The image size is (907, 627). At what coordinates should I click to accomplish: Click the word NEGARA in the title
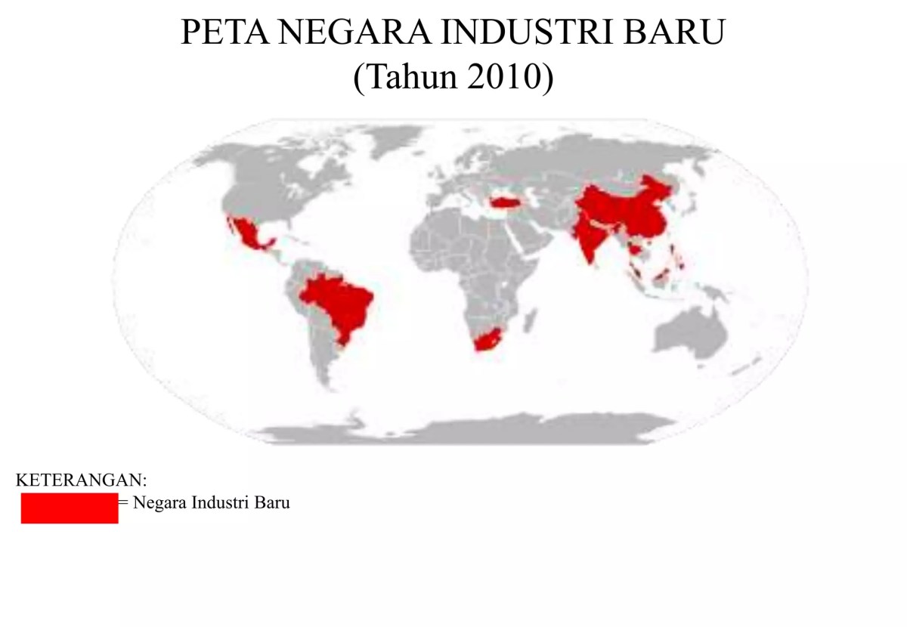click(352, 34)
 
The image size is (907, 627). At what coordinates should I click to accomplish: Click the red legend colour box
click(70, 508)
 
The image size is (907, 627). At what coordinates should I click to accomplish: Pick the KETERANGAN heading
click(81, 480)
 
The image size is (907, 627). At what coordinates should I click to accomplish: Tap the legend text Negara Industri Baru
click(211, 502)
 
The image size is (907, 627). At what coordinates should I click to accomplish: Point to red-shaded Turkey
click(504, 202)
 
